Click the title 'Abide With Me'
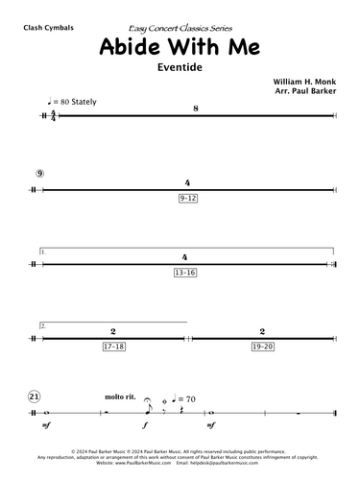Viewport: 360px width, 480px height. click(180, 52)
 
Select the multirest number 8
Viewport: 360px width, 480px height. click(195, 108)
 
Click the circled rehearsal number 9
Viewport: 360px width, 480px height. click(37, 174)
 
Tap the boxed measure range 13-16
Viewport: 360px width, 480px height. click(186, 273)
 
